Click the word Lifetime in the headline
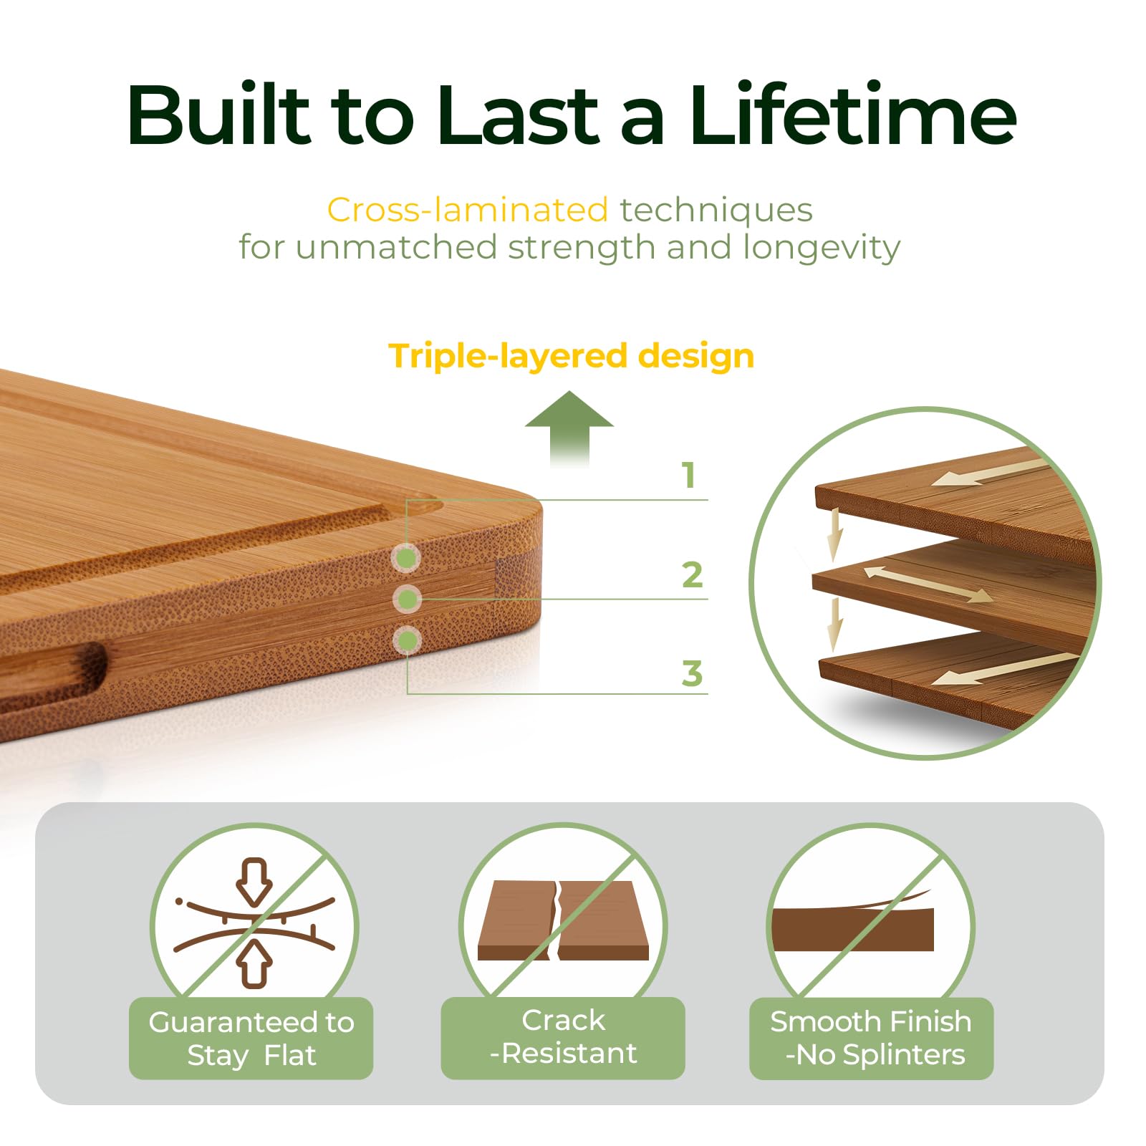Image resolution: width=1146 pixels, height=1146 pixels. coord(852,115)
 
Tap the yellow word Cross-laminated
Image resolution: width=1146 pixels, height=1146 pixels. coord(467,210)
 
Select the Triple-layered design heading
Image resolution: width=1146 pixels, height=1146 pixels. coord(571,356)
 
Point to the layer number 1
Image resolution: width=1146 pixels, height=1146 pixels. coord(689,475)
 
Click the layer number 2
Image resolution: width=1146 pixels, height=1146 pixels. coord(692,575)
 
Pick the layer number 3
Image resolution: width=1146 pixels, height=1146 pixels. coord(692,673)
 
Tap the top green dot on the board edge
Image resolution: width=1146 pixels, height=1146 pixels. coord(407,558)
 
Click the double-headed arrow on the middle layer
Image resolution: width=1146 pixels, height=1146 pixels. coord(928,584)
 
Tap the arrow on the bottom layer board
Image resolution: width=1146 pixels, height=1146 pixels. coord(1003,669)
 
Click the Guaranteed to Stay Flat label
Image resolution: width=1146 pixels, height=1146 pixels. coord(251,1038)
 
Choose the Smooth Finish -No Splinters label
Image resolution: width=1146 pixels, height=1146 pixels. coord(871,1038)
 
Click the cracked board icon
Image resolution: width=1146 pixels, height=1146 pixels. coord(563,920)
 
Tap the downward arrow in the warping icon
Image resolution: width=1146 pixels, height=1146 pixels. coord(255,881)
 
